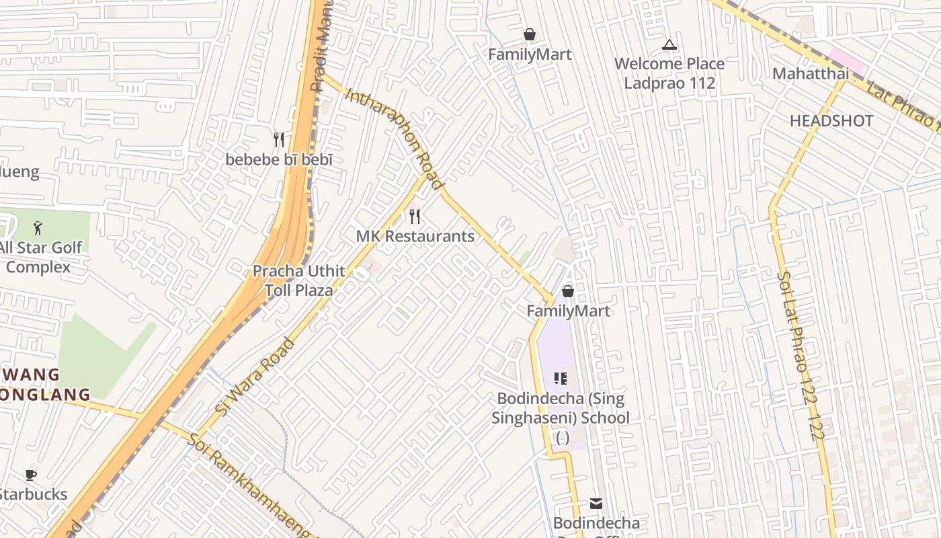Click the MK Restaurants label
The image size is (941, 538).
tap(415, 236)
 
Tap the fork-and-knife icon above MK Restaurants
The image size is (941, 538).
tap(415, 217)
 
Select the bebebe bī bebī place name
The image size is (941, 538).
tap(279, 160)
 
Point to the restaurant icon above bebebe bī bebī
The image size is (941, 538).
tap(279, 140)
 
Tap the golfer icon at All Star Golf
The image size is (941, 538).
tap(38, 228)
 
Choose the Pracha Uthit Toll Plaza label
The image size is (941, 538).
tap(299, 280)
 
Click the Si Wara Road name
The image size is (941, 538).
tap(255, 376)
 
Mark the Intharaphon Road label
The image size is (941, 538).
tap(395, 138)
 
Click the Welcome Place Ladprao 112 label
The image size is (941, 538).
tap(669, 73)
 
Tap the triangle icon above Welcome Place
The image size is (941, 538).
tap(669, 45)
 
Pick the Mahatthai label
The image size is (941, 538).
tap(811, 73)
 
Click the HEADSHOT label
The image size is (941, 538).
tap(831, 121)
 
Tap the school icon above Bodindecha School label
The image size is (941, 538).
tap(561, 379)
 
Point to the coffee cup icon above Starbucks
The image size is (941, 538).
tap(31, 475)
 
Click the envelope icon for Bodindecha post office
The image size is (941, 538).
tap(596, 503)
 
